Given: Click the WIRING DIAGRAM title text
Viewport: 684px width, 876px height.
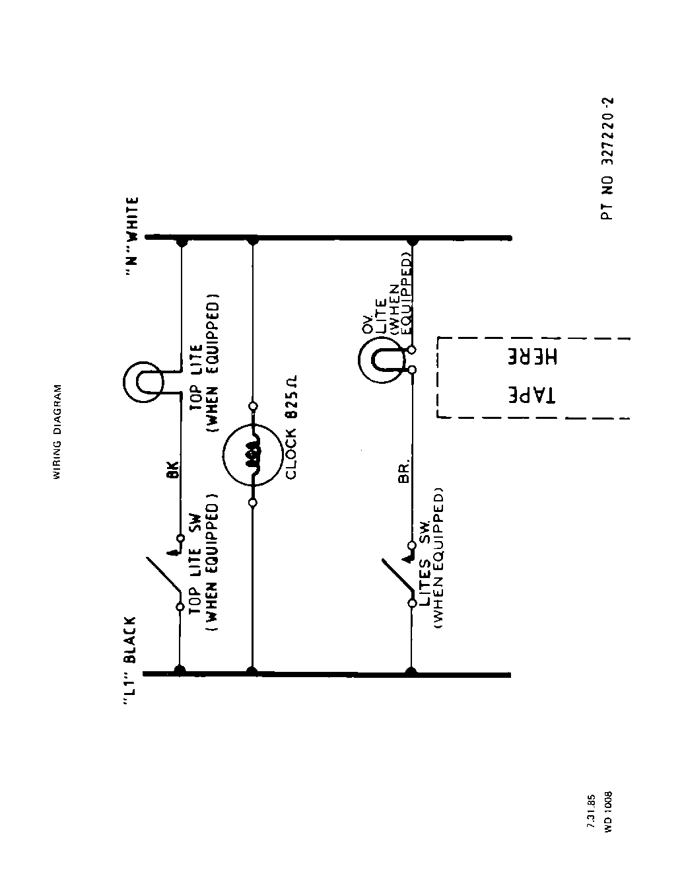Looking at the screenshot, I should coord(57,431).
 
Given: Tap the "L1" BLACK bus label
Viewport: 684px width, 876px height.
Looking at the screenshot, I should coord(131,663).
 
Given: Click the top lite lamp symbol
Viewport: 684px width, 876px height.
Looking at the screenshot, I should coord(143,381).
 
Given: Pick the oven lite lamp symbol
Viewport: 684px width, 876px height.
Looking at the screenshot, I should coord(380,361).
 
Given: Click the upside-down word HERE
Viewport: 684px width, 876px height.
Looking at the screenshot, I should coord(533,357).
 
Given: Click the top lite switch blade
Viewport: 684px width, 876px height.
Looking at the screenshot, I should coord(162,574).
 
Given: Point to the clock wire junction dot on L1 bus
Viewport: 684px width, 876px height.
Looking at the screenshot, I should coord(252,671).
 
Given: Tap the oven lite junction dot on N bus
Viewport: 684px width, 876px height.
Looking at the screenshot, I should coord(413,239).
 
